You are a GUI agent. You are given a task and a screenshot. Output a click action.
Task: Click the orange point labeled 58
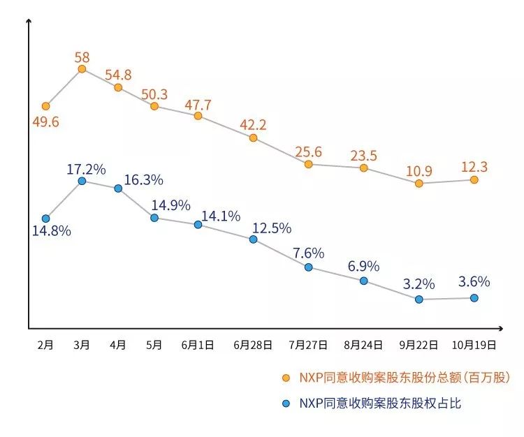click(82, 68)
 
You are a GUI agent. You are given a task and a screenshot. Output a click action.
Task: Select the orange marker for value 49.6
click(45, 106)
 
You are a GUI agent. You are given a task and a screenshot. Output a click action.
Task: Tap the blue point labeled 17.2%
click(82, 181)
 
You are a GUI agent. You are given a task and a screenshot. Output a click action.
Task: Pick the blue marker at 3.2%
click(419, 299)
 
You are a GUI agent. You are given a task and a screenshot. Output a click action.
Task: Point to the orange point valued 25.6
click(308, 164)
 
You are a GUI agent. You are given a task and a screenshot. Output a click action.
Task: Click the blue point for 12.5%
click(253, 239)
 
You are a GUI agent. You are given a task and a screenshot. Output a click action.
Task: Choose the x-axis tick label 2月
click(45, 344)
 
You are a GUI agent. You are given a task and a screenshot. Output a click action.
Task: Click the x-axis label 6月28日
click(253, 344)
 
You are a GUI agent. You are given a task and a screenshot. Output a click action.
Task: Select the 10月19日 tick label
click(474, 344)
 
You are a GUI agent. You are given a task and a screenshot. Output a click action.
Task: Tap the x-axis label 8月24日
click(363, 344)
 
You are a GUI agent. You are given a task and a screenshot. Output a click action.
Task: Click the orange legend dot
click(285, 378)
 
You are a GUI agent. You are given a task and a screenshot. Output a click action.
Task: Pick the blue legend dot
click(285, 403)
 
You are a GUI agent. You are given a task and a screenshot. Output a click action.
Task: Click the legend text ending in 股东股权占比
click(380, 403)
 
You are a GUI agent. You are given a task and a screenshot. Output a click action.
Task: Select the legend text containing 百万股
click(405, 378)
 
